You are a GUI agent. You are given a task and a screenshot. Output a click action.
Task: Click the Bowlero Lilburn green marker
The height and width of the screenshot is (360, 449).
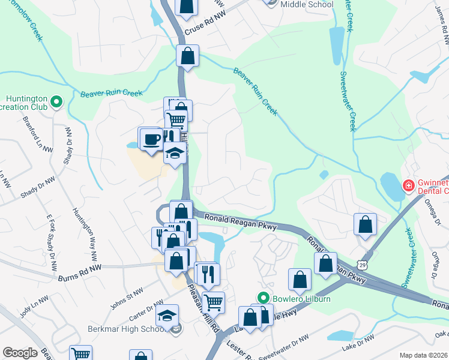pos(262,298)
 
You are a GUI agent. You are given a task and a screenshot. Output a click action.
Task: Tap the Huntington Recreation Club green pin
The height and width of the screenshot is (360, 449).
pos(56,103)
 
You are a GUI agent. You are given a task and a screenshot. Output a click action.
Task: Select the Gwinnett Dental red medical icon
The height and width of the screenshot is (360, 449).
pos(408,186)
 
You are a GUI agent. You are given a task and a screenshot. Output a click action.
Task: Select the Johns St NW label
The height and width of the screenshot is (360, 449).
pos(127,296)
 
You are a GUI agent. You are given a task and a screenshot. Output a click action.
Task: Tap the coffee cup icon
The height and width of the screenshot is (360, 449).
pos(149,139)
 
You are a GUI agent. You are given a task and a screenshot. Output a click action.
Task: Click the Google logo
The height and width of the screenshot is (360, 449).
pos(19,353)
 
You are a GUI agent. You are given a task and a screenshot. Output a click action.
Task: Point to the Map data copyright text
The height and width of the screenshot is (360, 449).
pos(424,355)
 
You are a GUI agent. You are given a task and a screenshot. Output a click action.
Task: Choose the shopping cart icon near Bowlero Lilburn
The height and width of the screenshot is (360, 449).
pos(213,302)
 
